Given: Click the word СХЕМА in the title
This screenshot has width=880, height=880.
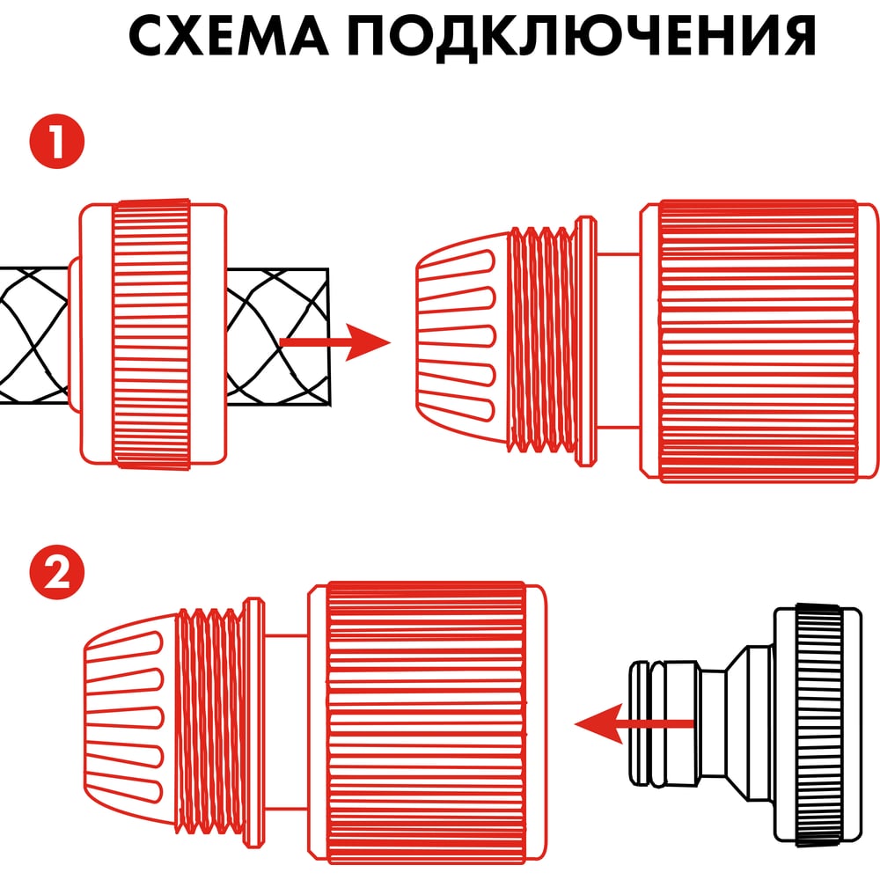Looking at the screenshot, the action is pos(229,35).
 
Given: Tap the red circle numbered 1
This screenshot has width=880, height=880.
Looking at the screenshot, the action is pos(56,141).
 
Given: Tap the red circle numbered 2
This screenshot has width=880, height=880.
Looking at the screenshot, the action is pos(56,573).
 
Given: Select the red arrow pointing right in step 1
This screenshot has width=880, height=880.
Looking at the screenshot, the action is pos(334,341).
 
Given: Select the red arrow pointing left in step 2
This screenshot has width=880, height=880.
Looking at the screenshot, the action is pos(634,723).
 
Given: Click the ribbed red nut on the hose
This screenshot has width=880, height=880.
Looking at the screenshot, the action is pos(151,334).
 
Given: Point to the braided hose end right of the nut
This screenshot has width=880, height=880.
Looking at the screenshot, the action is pos(278,336).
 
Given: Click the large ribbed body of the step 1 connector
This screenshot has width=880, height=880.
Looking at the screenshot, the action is pos(759,341).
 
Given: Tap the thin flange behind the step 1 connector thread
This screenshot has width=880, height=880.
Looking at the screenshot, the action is pos(585,341).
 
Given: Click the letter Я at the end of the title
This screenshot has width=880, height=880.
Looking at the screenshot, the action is pos(797,35).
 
